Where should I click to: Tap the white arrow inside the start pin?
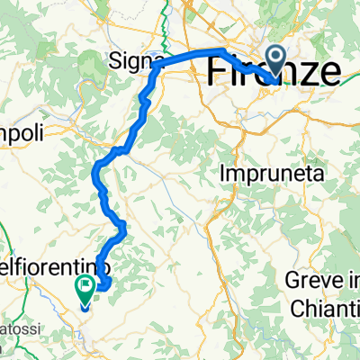274,61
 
